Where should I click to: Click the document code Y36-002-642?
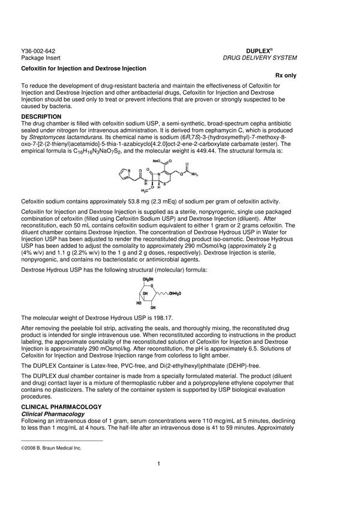coord(37,52)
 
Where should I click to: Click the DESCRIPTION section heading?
coord(41,116)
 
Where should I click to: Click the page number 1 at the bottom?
coord(158,463)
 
